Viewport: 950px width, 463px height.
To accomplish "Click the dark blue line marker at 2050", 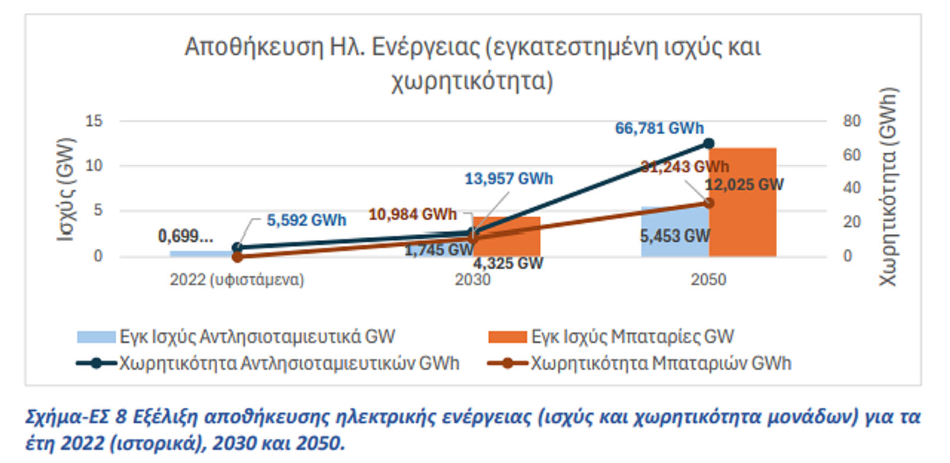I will click(x=708, y=144).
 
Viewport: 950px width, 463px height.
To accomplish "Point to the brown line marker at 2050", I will click(x=708, y=203).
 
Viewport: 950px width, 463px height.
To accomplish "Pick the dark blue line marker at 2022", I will click(x=237, y=248).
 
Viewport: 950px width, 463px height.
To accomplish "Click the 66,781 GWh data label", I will click(x=659, y=128).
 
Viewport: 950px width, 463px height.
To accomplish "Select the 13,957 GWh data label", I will click(x=508, y=179).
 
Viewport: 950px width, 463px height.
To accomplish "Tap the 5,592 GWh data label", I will click(x=306, y=220).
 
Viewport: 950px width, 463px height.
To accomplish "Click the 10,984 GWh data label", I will click(x=412, y=214).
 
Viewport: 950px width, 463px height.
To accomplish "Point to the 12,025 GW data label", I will click(x=744, y=185).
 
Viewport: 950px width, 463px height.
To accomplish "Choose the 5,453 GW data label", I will click(x=674, y=236).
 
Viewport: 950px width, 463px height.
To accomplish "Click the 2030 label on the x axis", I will click(x=473, y=280).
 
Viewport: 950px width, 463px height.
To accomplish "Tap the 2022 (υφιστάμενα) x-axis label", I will click(x=237, y=280).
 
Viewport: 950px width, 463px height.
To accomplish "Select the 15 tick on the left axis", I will click(x=94, y=121).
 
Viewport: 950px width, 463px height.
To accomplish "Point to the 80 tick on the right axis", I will click(x=851, y=121).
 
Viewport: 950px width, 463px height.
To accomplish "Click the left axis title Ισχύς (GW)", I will click(x=66, y=189).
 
